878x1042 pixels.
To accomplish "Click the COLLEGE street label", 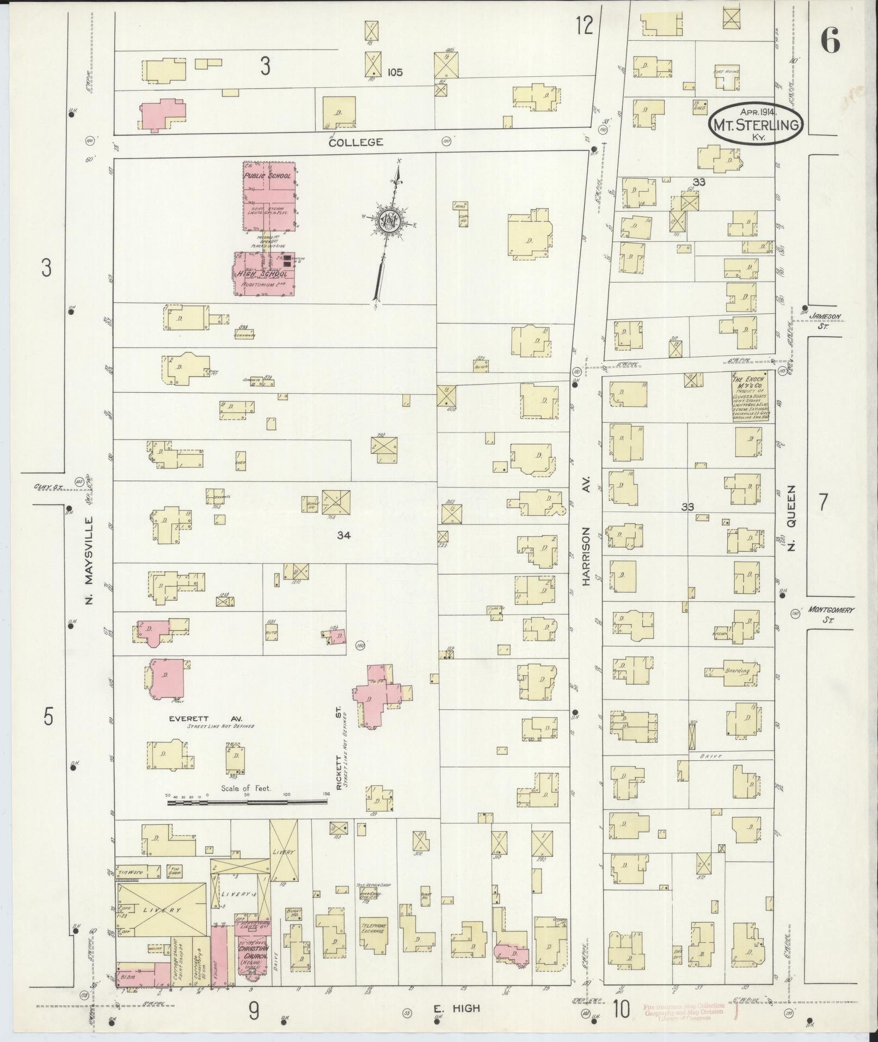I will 356,142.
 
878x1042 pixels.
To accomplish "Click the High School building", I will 265,274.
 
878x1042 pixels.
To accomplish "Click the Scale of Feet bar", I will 248,802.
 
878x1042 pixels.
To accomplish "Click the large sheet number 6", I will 830,40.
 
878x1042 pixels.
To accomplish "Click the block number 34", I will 343,535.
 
